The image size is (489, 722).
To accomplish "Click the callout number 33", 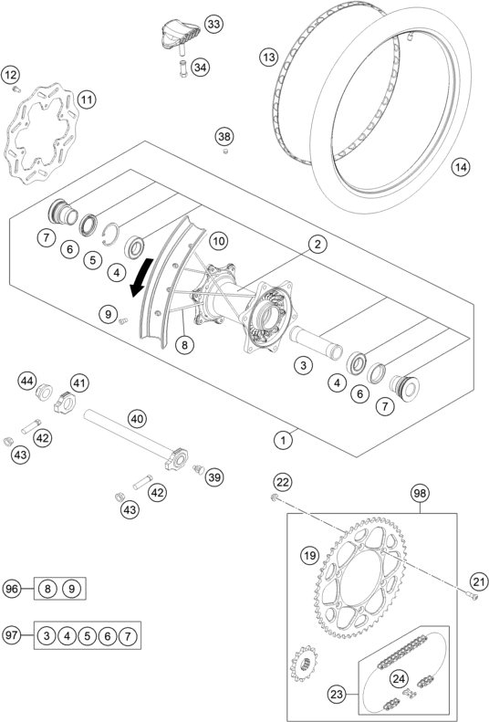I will [213, 23].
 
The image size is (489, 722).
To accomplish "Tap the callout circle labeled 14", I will [462, 167].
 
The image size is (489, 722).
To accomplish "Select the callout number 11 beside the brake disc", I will [87, 99].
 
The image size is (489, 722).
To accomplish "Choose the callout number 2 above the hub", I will [317, 244].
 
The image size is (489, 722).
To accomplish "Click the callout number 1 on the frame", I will [284, 440].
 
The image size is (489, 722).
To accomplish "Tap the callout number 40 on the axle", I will [137, 420].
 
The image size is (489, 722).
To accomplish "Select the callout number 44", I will [28, 380].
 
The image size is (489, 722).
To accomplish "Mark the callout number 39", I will [214, 476].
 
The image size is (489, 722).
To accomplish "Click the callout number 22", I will [282, 482].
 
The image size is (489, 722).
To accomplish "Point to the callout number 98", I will [419, 493].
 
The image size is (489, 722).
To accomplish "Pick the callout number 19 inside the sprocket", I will [309, 554].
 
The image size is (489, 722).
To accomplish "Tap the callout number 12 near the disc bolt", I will [11, 74].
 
